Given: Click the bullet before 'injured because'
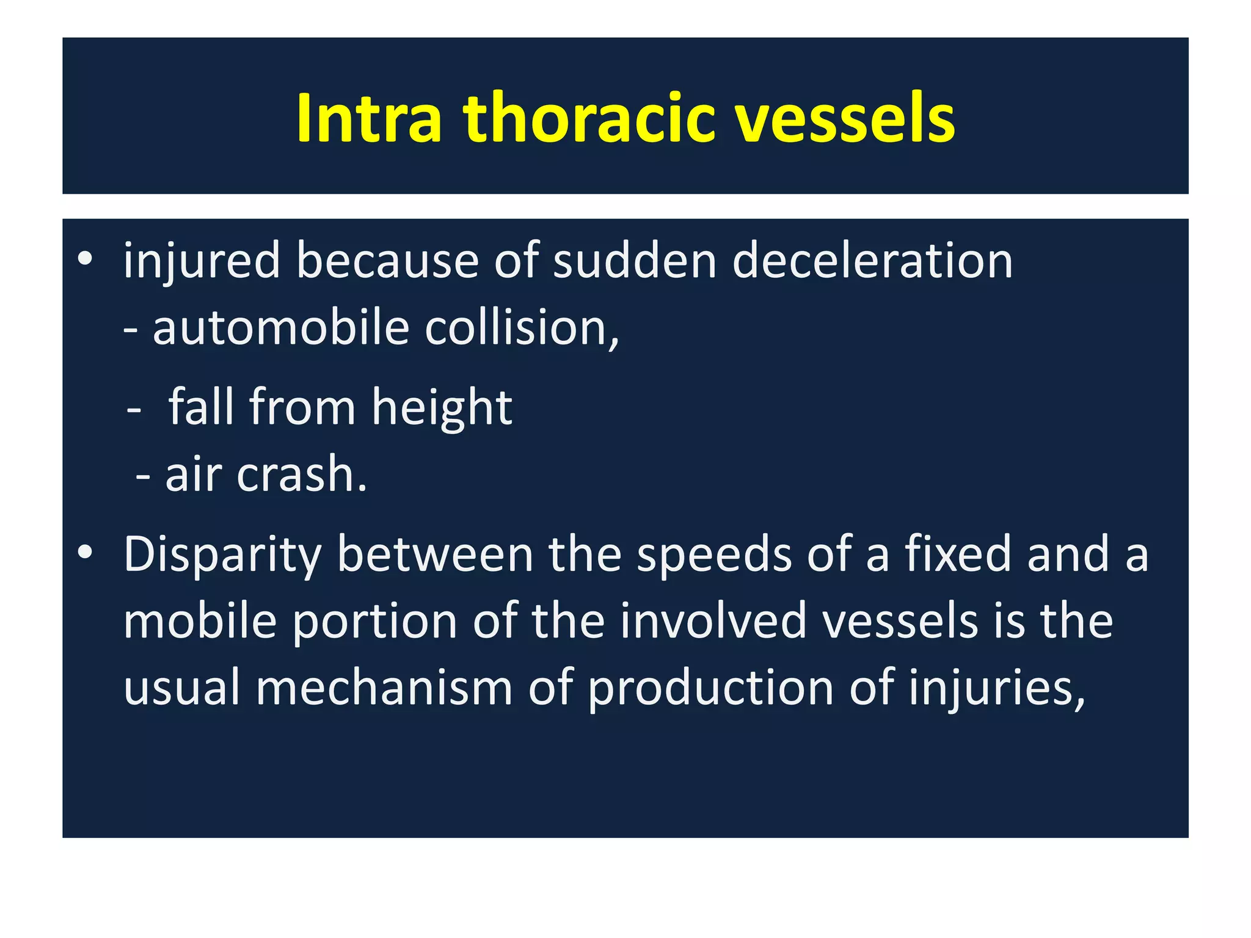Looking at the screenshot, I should coord(85,260).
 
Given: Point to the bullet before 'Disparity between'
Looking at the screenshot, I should coord(85,553).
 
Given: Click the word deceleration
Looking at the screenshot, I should coord(872,261).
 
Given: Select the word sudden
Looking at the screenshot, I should coord(634,261).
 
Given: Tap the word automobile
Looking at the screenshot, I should coord(280,328).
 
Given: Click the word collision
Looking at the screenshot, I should coord(521,328).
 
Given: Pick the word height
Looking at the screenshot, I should coord(442,407).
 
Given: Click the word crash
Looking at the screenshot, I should coord(302,474).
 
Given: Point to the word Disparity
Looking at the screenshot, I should coord(222,554).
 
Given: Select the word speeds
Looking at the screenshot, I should coord(713,554).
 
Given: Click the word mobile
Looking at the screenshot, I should coord(200,621).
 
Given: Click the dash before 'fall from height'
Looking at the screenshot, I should coord(134,411).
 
